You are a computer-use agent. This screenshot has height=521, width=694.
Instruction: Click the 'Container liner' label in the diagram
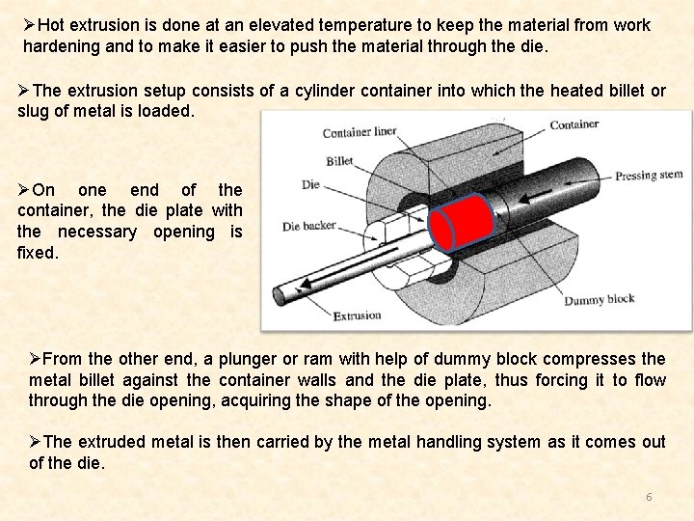[x=359, y=132]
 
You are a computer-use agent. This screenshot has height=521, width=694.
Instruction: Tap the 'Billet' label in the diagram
[x=339, y=161]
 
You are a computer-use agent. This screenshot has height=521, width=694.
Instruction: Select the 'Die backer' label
[x=308, y=226]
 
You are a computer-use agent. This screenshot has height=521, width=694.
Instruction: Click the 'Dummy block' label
[x=599, y=300]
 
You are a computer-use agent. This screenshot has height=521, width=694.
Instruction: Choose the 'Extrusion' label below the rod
[x=357, y=315]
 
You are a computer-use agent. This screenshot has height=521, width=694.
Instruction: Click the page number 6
[x=649, y=497]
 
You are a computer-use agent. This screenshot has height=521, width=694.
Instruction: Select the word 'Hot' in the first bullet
[x=53, y=25]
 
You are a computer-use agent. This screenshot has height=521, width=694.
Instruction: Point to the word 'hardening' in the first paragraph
[x=60, y=46]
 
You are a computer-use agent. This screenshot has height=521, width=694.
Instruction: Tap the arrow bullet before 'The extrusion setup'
[x=25, y=91]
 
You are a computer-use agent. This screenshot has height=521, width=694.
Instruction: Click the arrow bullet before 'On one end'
[x=25, y=190]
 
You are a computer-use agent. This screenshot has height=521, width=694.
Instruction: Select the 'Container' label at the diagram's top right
[x=574, y=124]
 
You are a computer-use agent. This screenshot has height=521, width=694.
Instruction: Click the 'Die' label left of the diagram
[x=310, y=184]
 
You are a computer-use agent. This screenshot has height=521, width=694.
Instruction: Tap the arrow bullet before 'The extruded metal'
[x=36, y=442]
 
